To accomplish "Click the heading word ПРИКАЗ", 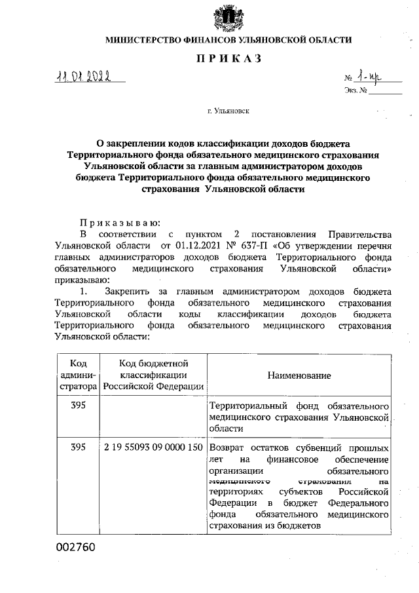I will coord(228,60).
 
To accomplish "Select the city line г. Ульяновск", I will coord(228,112).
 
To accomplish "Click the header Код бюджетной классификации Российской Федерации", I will coord(153,375).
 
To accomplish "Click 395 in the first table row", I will coord(79,405).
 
